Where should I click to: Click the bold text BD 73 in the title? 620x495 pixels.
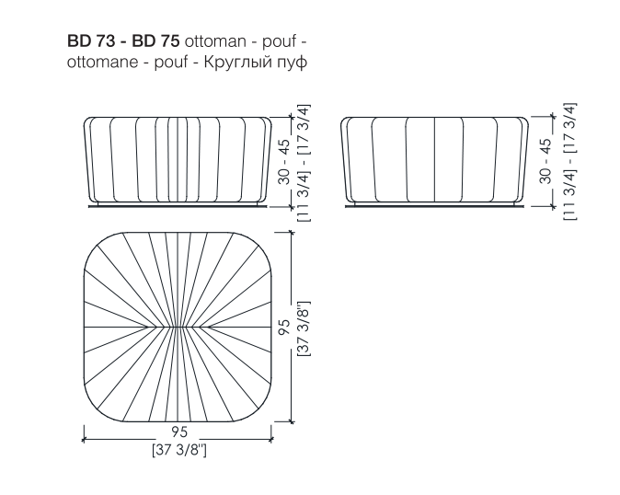(x=91, y=41)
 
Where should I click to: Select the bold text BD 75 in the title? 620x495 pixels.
(x=155, y=41)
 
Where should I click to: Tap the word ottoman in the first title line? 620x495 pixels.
(x=215, y=41)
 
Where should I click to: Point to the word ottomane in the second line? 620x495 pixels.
(x=102, y=62)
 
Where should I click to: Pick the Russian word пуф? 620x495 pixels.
(x=293, y=63)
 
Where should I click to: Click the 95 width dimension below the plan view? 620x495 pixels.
(x=179, y=432)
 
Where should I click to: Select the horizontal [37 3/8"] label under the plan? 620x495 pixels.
(x=179, y=450)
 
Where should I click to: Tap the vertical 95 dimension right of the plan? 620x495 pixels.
(x=283, y=327)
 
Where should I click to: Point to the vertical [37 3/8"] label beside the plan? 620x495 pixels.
(x=304, y=328)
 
